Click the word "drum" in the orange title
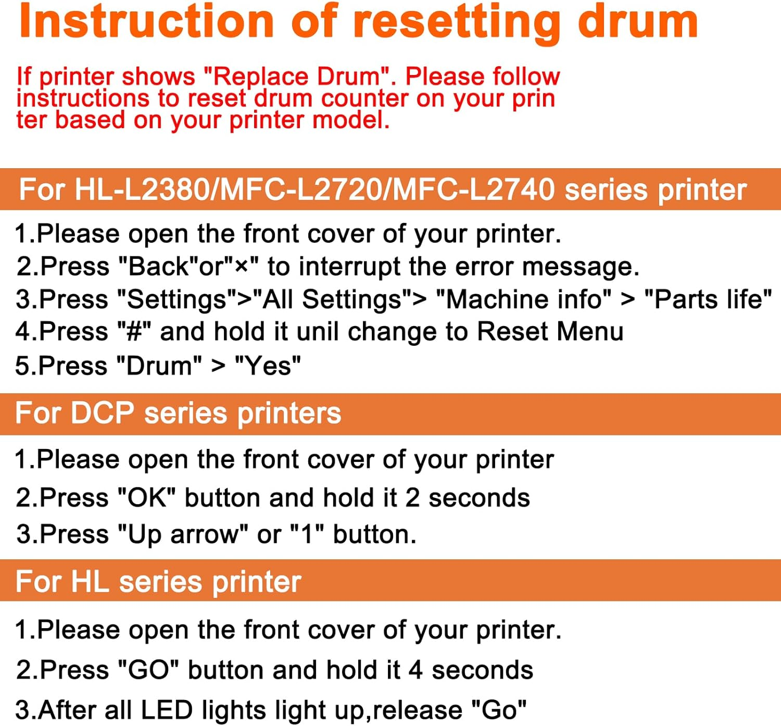click(638, 22)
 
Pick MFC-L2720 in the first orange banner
click(301, 190)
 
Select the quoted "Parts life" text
click(708, 299)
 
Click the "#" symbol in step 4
click(134, 332)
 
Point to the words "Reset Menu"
click(550, 332)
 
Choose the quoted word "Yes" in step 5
click(268, 366)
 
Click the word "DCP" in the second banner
click(102, 414)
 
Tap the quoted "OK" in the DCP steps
click(147, 498)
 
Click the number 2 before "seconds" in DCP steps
click(412, 498)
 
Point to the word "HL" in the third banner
click(90, 581)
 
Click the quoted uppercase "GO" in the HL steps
click(149, 670)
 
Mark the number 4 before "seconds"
click(415, 670)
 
